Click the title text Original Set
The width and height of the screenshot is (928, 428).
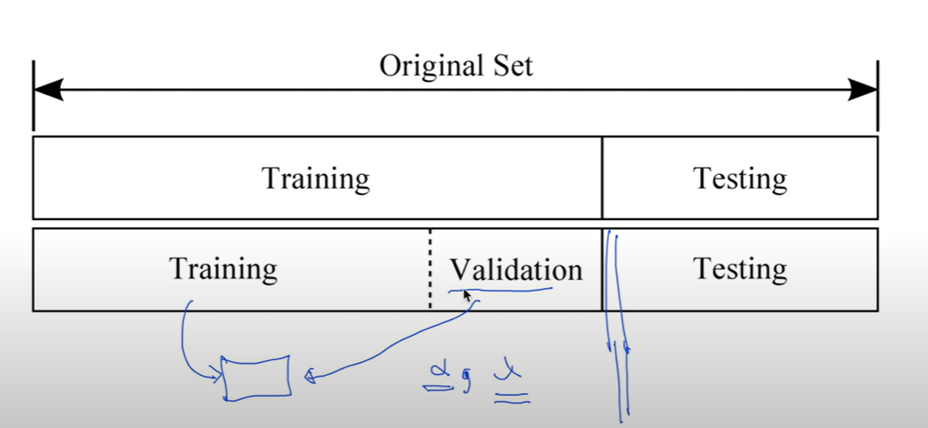pos(455,66)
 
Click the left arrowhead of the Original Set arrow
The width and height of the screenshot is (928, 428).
pos(48,89)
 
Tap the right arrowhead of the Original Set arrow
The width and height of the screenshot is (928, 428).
pos(862,89)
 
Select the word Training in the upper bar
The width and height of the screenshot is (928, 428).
pos(315,179)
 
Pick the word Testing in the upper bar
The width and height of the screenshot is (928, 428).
pos(739,179)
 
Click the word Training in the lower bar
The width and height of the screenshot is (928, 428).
pos(223,269)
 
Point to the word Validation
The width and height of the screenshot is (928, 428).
pos(515,270)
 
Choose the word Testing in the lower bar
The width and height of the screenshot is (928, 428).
pos(739,269)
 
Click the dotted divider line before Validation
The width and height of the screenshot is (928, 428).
pos(429,270)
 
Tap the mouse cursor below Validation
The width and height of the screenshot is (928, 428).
pos(467,297)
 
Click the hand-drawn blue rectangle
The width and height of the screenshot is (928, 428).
pos(256,378)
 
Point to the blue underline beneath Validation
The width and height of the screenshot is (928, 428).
pos(504,290)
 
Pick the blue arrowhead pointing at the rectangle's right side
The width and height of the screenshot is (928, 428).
pos(308,377)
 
